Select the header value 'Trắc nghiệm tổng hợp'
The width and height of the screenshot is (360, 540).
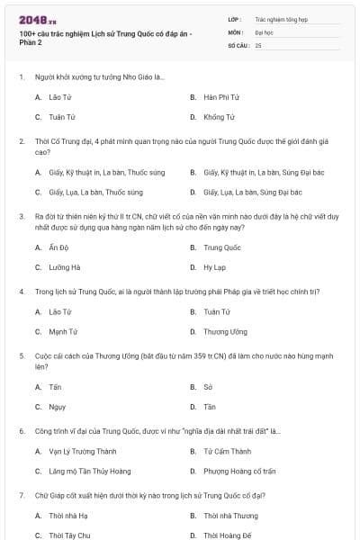click(281, 18)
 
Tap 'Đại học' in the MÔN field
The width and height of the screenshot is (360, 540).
click(264, 31)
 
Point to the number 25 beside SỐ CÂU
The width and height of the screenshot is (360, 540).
click(258, 44)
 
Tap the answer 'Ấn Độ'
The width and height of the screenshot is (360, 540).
click(58, 247)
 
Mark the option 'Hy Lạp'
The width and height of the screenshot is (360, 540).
click(214, 267)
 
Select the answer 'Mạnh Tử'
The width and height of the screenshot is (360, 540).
click(62, 331)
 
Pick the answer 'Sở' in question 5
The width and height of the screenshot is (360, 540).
click(208, 386)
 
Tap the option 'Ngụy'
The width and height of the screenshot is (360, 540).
click(57, 407)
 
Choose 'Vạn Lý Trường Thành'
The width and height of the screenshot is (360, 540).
click(83, 451)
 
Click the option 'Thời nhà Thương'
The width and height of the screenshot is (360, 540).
click(230, 516)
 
